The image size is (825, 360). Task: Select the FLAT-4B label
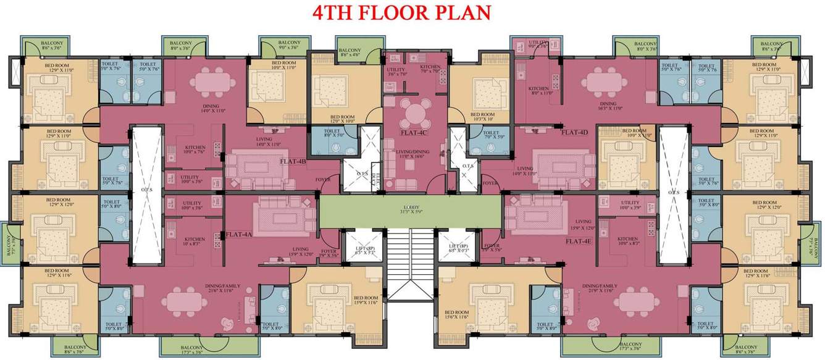pos(293,161)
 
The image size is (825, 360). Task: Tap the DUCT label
pos(374,177)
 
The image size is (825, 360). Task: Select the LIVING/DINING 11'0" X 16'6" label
pos(412,154)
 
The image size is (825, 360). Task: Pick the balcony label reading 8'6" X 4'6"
pos(350,52)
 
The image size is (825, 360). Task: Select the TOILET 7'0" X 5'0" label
pos(490,134)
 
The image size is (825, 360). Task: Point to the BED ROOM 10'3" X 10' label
pos(482,117)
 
